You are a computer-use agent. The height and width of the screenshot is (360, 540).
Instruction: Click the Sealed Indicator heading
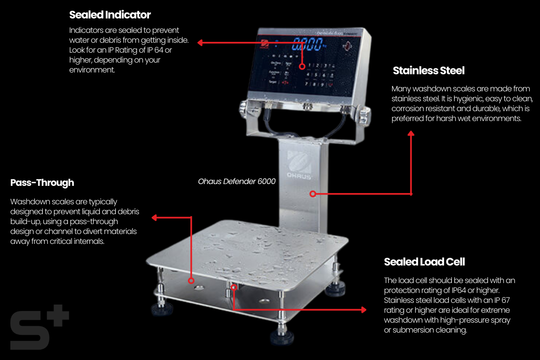point(110,15)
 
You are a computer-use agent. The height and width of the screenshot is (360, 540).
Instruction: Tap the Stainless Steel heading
point(428,71)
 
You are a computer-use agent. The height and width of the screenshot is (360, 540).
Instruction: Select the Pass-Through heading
point(42,183)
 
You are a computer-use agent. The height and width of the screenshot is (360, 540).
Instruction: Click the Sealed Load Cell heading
point(424,262)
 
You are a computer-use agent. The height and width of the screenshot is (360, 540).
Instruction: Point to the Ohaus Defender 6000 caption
point(237,181)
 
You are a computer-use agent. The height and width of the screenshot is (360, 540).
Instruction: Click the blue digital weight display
point(308,45)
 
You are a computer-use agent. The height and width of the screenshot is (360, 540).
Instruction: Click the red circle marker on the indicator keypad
point(302,66)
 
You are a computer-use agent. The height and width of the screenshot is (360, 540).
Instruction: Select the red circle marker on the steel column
point(312,194)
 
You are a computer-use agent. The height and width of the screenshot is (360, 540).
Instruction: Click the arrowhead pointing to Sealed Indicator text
point(201,43)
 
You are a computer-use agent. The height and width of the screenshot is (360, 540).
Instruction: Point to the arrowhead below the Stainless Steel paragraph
point(411,134)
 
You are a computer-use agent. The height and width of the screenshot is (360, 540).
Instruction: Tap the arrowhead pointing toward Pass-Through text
point(154,218)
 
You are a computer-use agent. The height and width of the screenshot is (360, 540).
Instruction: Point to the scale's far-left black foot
point(161,309)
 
